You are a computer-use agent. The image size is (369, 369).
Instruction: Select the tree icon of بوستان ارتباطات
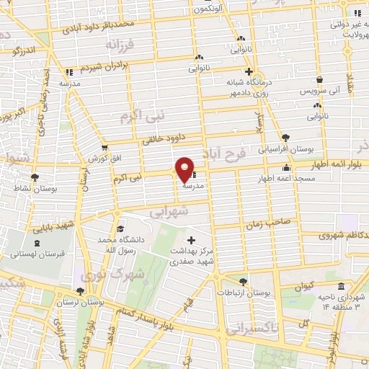pyautogui.click(x=243, y=282)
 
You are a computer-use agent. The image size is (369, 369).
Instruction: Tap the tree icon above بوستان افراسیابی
pyautogui.click(x=286, y=136)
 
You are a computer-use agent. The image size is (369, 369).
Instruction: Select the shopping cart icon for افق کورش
pyautogui.click(x=103, y=147)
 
